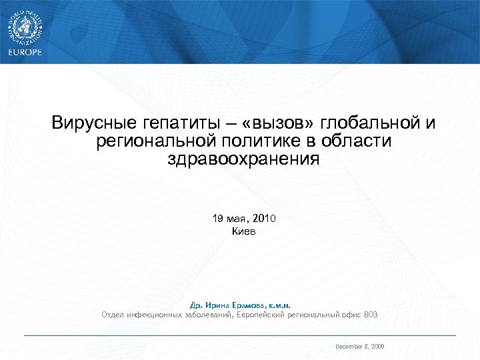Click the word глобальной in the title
370,124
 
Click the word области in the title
357,141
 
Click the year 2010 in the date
262,219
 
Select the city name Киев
243,231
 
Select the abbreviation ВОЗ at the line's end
371,314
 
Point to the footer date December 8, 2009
359,347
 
